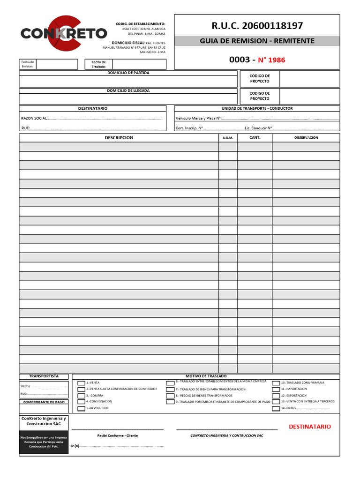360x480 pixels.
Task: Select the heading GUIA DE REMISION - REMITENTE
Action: [x=256, y=41]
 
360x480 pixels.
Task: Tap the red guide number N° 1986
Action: [x=271, y=60]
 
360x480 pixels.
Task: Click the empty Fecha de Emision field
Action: [x=57, y=64]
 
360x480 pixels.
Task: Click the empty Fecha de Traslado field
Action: [x=139, y=64]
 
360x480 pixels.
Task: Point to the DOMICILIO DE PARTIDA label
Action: [x=128, y=73]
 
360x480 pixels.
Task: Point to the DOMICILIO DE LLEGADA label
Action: [x=128, y=90]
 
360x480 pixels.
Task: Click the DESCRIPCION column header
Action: [x=119, y=138]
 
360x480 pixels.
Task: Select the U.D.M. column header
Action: [x=228, y=138]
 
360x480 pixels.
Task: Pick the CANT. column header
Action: [x=255, y=138]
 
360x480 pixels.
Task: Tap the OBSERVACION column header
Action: [x=306, y=138]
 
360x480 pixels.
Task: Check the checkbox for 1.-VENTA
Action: [x=81, y=383]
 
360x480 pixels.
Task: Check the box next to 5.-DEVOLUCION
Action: [x=81, y=408]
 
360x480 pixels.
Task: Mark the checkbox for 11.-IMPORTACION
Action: [x=276, y=390]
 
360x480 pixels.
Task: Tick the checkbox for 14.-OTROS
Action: [x=276, y=409]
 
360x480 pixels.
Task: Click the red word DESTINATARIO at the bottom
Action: [x=309, y=427]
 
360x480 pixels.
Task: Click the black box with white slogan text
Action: [x=43, y=443]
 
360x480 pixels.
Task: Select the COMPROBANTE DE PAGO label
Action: [x=43, y=402]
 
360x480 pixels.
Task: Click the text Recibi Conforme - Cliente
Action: [x=117, y=435]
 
